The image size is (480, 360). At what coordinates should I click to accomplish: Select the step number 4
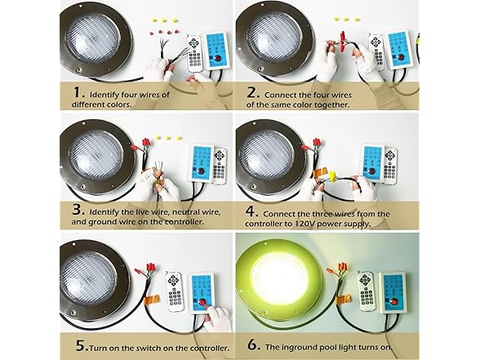(x=252, y=211)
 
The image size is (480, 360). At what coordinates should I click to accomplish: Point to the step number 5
(x=82, y=345)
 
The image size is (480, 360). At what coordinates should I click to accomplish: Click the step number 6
(x=254, y=344)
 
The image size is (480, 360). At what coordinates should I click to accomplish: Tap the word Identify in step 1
(x=104, y=95)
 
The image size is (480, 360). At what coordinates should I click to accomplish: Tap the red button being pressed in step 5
(x=202, y=302)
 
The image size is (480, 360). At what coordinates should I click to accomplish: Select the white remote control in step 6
(x=366, y=291)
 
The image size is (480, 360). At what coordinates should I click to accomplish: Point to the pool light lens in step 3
(x=96, y=154)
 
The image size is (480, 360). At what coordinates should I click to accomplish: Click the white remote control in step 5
(x=174, y=291)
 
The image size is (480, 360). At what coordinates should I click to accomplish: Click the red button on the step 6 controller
(x=394, y=301)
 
